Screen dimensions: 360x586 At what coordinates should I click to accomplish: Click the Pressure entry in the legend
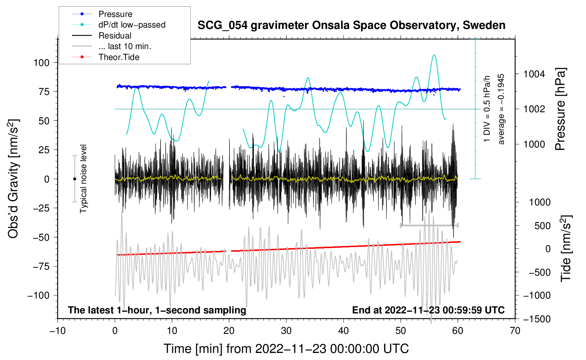(115, 14)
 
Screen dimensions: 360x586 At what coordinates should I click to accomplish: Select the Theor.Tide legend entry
(119, 57)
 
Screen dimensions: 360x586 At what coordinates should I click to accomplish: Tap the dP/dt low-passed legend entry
(132, 25)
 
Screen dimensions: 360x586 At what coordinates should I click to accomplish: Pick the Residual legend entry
(115, 36)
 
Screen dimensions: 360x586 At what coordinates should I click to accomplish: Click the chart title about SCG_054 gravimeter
(351, 25)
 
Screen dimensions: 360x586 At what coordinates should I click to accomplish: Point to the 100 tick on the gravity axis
(41, 63)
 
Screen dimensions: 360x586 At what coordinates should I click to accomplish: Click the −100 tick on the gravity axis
(38, 295)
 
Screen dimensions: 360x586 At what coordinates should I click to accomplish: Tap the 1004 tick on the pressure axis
(534, 74)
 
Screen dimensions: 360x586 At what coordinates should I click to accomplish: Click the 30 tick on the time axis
(286, 331)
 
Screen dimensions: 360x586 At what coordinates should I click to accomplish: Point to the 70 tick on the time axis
(515, 331)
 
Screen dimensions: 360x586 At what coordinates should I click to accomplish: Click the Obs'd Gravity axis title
(13, 179)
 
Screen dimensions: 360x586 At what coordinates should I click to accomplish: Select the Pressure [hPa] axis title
(560, 109)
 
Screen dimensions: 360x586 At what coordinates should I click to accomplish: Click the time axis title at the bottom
(286, 349)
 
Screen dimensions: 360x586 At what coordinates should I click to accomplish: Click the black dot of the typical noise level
(74, 179)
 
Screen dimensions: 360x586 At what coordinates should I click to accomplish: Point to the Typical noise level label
(83, 179)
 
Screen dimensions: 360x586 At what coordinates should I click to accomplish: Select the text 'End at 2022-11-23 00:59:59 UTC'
(428, 310)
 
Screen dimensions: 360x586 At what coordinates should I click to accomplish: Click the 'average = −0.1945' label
(501, 109)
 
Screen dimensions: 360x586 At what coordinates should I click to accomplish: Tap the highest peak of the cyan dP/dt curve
(434, 55)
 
